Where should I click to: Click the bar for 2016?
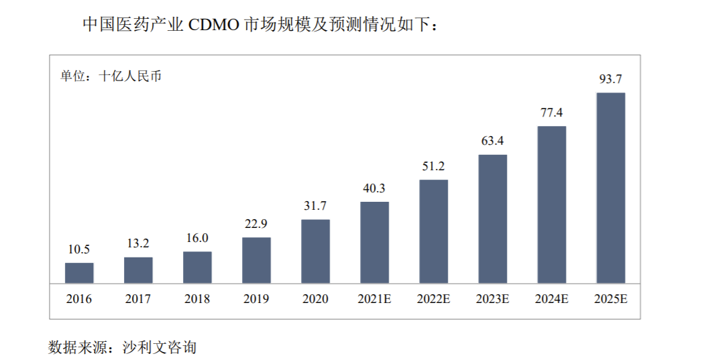[79, 273]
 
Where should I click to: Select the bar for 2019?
[256, 260]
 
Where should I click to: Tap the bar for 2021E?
[374, 243]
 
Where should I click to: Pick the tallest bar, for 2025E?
[611, 188]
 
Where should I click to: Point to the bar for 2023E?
[493, 219]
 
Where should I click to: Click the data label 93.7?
[611, 79]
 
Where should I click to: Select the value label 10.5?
[79, 249]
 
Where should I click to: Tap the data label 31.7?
[315, 206]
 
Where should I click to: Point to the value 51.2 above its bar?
[433, 166]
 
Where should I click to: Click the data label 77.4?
[551, 112]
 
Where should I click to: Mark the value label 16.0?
[197, 238]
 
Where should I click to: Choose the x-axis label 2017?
[138, 299]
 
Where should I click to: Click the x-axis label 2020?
[315, 299]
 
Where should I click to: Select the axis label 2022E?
[433, 299]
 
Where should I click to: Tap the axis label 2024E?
[551, 299]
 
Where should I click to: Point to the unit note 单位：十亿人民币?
[111, 76]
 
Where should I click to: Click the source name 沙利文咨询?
[160, 347]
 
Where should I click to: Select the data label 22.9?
[256, 223]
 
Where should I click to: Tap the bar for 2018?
[197, 267]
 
